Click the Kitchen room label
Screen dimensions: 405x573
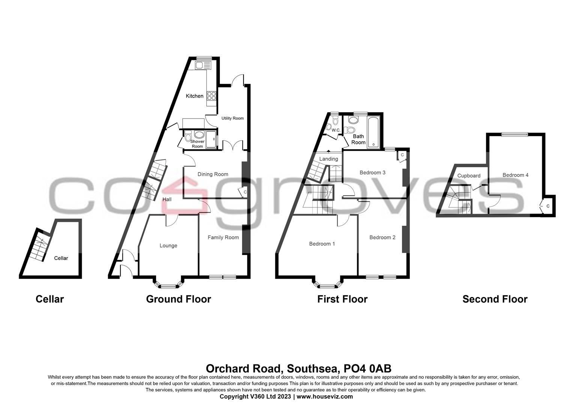[195, 96]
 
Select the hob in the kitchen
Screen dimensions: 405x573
[211, 96]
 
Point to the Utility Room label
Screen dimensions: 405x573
[232, 118]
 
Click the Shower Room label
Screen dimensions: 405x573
[197, 144]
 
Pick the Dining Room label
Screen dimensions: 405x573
[213, 174]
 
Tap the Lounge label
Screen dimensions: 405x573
[168, 246]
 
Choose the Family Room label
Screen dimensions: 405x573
[223, 237]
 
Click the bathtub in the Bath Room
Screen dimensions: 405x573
[374, 132]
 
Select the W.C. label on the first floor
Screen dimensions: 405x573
[336, 130]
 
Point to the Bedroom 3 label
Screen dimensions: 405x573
[372, 172]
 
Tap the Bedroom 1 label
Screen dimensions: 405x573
[322, 244]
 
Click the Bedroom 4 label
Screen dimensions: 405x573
[515, 175]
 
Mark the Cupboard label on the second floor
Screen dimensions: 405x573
[469, 175]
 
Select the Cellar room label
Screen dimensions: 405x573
[61, 258]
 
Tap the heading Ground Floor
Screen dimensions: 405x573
[178, 299]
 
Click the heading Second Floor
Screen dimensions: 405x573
[495, 299]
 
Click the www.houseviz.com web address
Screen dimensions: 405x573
[325, 396]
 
